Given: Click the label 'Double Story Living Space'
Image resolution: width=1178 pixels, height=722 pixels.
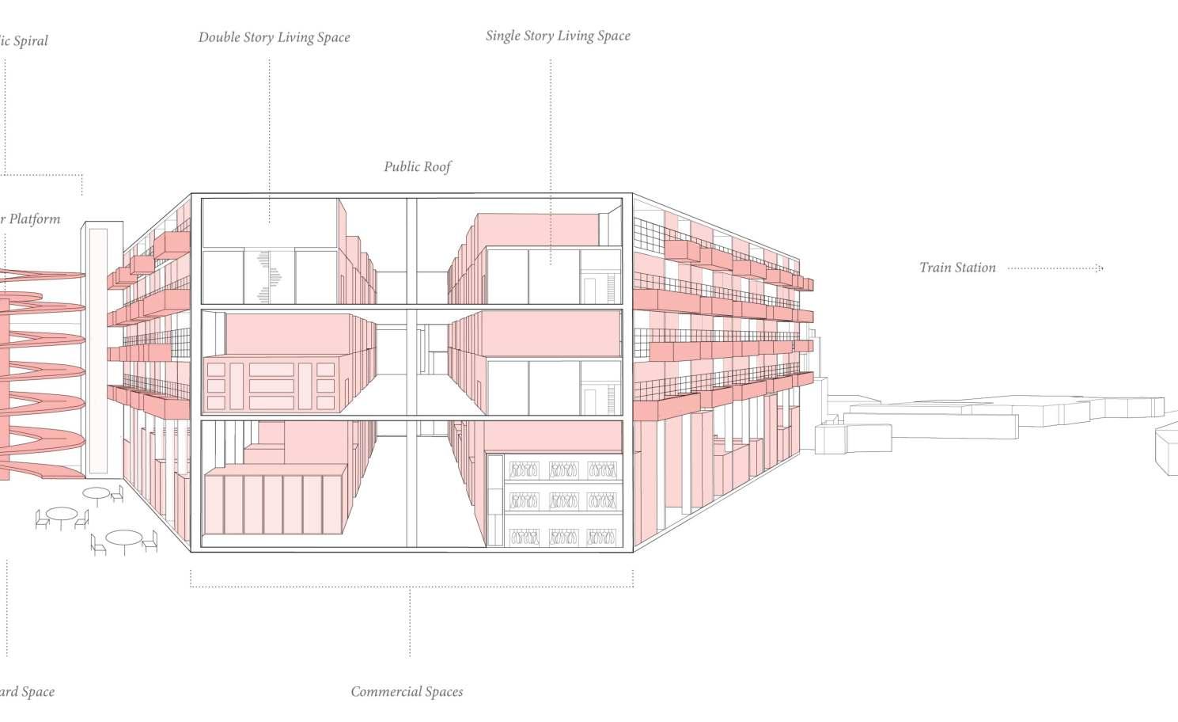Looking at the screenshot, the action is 274,37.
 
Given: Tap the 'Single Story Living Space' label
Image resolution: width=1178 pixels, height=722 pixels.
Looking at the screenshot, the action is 558,36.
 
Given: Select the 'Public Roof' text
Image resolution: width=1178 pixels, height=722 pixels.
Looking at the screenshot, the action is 418,167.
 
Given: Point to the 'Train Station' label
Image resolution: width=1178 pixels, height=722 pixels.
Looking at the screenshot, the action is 957,268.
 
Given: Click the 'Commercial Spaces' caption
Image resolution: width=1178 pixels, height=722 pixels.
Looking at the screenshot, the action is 407,692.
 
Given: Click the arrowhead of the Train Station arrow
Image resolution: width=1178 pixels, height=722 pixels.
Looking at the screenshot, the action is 1100,268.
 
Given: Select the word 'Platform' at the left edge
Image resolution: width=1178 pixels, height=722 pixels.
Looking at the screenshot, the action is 34,219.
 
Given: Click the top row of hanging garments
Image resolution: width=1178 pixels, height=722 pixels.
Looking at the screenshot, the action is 562,469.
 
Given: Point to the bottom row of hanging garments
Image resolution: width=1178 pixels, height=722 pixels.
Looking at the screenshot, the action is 562,537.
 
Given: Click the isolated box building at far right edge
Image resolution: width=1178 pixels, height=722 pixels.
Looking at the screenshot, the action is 1167,449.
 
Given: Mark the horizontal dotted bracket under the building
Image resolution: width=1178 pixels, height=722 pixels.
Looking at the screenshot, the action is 411,587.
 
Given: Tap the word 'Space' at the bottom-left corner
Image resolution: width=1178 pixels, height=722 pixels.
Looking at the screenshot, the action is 38,692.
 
